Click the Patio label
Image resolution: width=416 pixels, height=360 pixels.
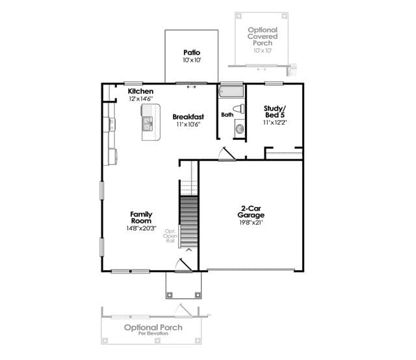coord(192,53)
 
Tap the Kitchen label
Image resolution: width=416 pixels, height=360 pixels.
coord(140,91)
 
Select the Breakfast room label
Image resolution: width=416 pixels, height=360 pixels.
coord(188,117)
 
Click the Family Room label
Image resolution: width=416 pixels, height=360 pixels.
coord(141,218)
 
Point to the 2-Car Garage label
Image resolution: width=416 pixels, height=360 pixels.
coord(251,212)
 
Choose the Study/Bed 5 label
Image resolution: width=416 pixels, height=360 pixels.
coord(275,112)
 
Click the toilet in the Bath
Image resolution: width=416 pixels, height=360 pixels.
coord(239,109)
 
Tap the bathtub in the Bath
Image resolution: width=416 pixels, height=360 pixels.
coord(231,91)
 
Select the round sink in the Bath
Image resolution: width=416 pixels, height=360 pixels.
coord(240,129)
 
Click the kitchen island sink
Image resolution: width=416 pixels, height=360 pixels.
coord(148,124)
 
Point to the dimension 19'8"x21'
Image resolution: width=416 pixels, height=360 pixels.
coord(251,223)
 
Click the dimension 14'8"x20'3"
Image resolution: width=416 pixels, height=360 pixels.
coord(141,228)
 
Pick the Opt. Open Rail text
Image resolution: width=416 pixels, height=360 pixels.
coord(170,236)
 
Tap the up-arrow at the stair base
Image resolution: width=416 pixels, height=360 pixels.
coord(188,250)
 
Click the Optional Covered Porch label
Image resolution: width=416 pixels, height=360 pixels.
coord(263,36)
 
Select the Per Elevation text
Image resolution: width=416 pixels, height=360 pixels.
coord(153,333)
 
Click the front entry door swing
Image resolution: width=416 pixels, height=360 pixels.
coord(183,265)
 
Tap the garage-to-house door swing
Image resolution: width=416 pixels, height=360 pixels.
coord(226,154)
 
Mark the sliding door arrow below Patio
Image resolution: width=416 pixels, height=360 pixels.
coord(192,86)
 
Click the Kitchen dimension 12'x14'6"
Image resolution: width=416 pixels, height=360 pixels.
coord(141,99)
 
